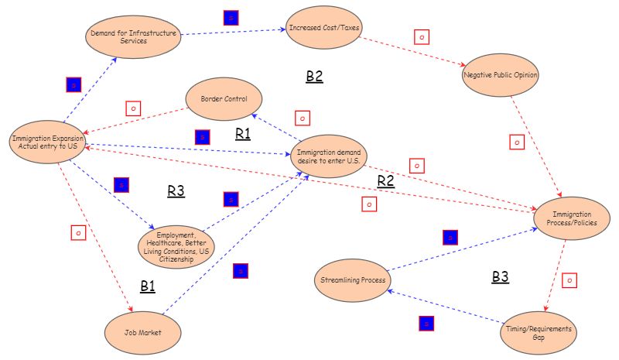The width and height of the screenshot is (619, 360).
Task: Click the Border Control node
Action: click(224, 100)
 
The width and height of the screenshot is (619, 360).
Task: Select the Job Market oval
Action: click(143, 331)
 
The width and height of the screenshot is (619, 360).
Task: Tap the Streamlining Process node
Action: click(353, 279)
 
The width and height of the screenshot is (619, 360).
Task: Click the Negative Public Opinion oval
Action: click(500, 76)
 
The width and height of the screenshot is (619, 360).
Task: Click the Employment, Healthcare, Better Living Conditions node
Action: click(176, 245)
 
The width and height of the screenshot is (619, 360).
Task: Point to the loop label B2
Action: click(314, 76)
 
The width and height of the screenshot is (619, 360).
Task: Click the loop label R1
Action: click(243, 133)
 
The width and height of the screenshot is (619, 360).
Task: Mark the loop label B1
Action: click(148, 286)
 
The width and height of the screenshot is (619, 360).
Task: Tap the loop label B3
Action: click(501, 276)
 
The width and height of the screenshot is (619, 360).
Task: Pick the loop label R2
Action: click(385, 181)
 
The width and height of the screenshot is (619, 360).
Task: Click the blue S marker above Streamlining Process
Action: click(450, 237)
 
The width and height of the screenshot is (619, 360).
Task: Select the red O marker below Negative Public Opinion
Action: click(517, 142)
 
